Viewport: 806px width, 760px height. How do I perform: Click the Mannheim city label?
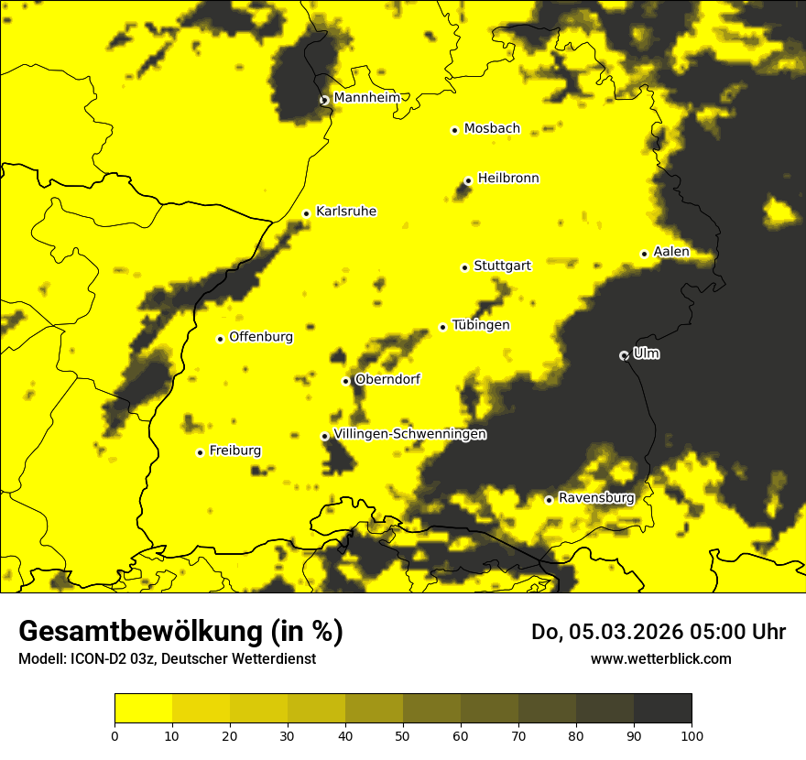[366, 98]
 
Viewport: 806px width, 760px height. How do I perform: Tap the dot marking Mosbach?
[454, 130]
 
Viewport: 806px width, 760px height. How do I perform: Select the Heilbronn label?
[508, 179]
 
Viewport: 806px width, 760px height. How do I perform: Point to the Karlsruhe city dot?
[306, 213]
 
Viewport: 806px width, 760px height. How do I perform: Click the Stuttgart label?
[502, 266]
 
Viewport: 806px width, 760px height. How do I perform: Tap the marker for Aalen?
[644, 254]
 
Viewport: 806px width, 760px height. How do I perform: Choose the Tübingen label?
[481, 325]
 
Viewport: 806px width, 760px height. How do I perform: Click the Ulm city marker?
[624, 355]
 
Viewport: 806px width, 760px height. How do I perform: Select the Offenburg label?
[261, 337]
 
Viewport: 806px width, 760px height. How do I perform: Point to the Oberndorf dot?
[345, 381]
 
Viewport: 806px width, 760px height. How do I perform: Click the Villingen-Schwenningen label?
[410, 434]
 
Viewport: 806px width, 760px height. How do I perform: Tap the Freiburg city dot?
[200, 452]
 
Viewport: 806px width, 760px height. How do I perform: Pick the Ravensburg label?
[596, 498]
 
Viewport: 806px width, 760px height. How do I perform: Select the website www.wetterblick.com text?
[661, 658]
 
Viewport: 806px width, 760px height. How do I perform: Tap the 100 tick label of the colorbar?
[692, 735]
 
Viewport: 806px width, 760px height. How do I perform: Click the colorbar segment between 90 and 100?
[662, 708]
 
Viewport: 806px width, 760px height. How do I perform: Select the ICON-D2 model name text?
[105, 658]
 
